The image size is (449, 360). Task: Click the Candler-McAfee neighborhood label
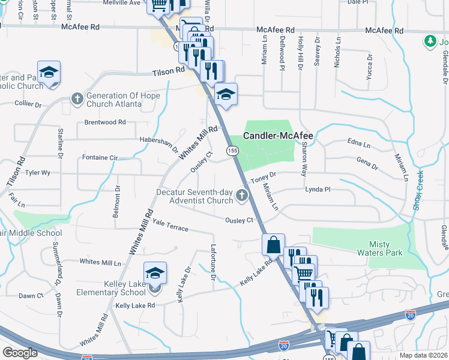(x=279, y=136)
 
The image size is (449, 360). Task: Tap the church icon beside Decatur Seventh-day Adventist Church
(x=241, y=194)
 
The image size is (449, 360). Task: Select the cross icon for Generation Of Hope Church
(x=77, y=97)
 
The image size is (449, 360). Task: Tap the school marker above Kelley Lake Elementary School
(x=154, y=273)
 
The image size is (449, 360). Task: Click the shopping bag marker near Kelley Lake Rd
(x=273, y=244)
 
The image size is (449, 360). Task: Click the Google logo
(x=20, y=353)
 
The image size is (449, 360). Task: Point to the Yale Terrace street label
(x=170, y=226)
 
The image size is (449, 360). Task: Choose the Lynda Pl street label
(x=318, y=189)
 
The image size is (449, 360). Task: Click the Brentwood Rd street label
(x=105, y=122)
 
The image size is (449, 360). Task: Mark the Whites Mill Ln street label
(x=100, y=263)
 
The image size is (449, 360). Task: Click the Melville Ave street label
(x=122, y=3)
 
